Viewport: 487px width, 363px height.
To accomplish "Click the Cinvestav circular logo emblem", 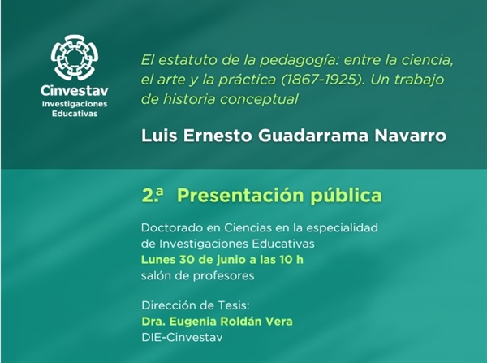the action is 75,58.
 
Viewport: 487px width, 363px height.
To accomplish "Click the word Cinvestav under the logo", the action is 75,91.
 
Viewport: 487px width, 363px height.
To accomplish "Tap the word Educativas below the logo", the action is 75,114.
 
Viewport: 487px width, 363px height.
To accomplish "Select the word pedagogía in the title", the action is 299,61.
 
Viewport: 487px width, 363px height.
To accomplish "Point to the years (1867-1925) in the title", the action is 322,80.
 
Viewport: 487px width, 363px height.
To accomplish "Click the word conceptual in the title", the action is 259,100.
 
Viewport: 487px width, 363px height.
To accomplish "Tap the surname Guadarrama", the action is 313,136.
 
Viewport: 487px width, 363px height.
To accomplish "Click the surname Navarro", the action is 410,136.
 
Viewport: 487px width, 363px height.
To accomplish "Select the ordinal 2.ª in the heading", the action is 153,196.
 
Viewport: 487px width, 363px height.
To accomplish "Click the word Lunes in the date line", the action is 158,260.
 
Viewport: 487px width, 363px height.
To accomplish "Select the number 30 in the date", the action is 187,260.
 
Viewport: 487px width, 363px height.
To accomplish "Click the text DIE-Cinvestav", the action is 182,338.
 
